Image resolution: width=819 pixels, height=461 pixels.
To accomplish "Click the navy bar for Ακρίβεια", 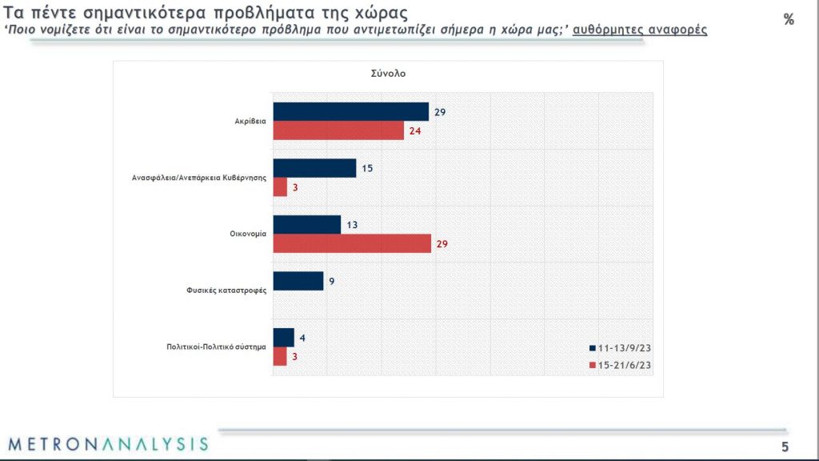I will pyautogui.click(x=351, y=112).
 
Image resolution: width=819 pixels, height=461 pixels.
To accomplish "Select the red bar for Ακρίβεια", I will pyautogui.click(x=338, y=130).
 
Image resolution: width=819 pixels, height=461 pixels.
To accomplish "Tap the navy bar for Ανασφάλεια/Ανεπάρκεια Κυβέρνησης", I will pyautogui.click(x=314, y=168).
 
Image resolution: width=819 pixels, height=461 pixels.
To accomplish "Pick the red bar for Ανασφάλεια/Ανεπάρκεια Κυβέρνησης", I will pyautogui.click(x=280, y=186).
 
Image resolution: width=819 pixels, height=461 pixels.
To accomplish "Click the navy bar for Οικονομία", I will pyautogui.click(x=307, y=225).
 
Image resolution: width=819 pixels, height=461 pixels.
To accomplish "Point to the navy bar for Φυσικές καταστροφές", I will pyautogui.click(x=298, y=281).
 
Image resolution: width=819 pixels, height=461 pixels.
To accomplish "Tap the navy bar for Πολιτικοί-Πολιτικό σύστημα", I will pyautogui.click(x=284, y=338).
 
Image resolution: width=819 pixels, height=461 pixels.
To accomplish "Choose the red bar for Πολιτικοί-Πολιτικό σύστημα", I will pyautogui.click(x=280, y=356).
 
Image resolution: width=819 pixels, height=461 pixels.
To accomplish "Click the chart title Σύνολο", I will pyautogui.click(x=389, y=74).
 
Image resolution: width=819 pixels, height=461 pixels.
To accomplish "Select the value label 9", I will pyautogui.click(x=331, y=281).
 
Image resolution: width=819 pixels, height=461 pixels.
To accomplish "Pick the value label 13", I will pyautogui.click(x=353, y=225).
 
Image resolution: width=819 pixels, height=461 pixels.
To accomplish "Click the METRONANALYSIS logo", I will pyautogui.click(x=108, y=443).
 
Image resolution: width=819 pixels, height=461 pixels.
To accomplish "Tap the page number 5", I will pyautogui.click(x=785, y=446).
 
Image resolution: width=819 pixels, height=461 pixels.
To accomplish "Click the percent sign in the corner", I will pyautogui.click(x=789, y=20).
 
